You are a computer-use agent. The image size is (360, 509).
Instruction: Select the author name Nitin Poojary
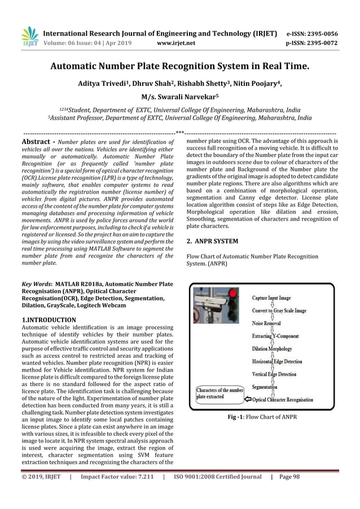pos(257,84)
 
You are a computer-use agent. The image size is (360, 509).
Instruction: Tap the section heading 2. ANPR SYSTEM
pos(212,241)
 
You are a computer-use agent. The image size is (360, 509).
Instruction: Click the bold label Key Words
pos(35,283)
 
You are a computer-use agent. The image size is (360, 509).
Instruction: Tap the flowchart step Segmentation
pos(265,387)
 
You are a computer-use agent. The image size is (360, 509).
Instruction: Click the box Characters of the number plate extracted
pos(219,393)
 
